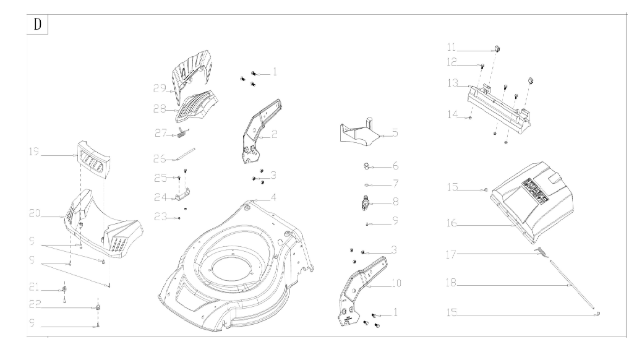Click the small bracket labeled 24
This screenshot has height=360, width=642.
tap(182, 197)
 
